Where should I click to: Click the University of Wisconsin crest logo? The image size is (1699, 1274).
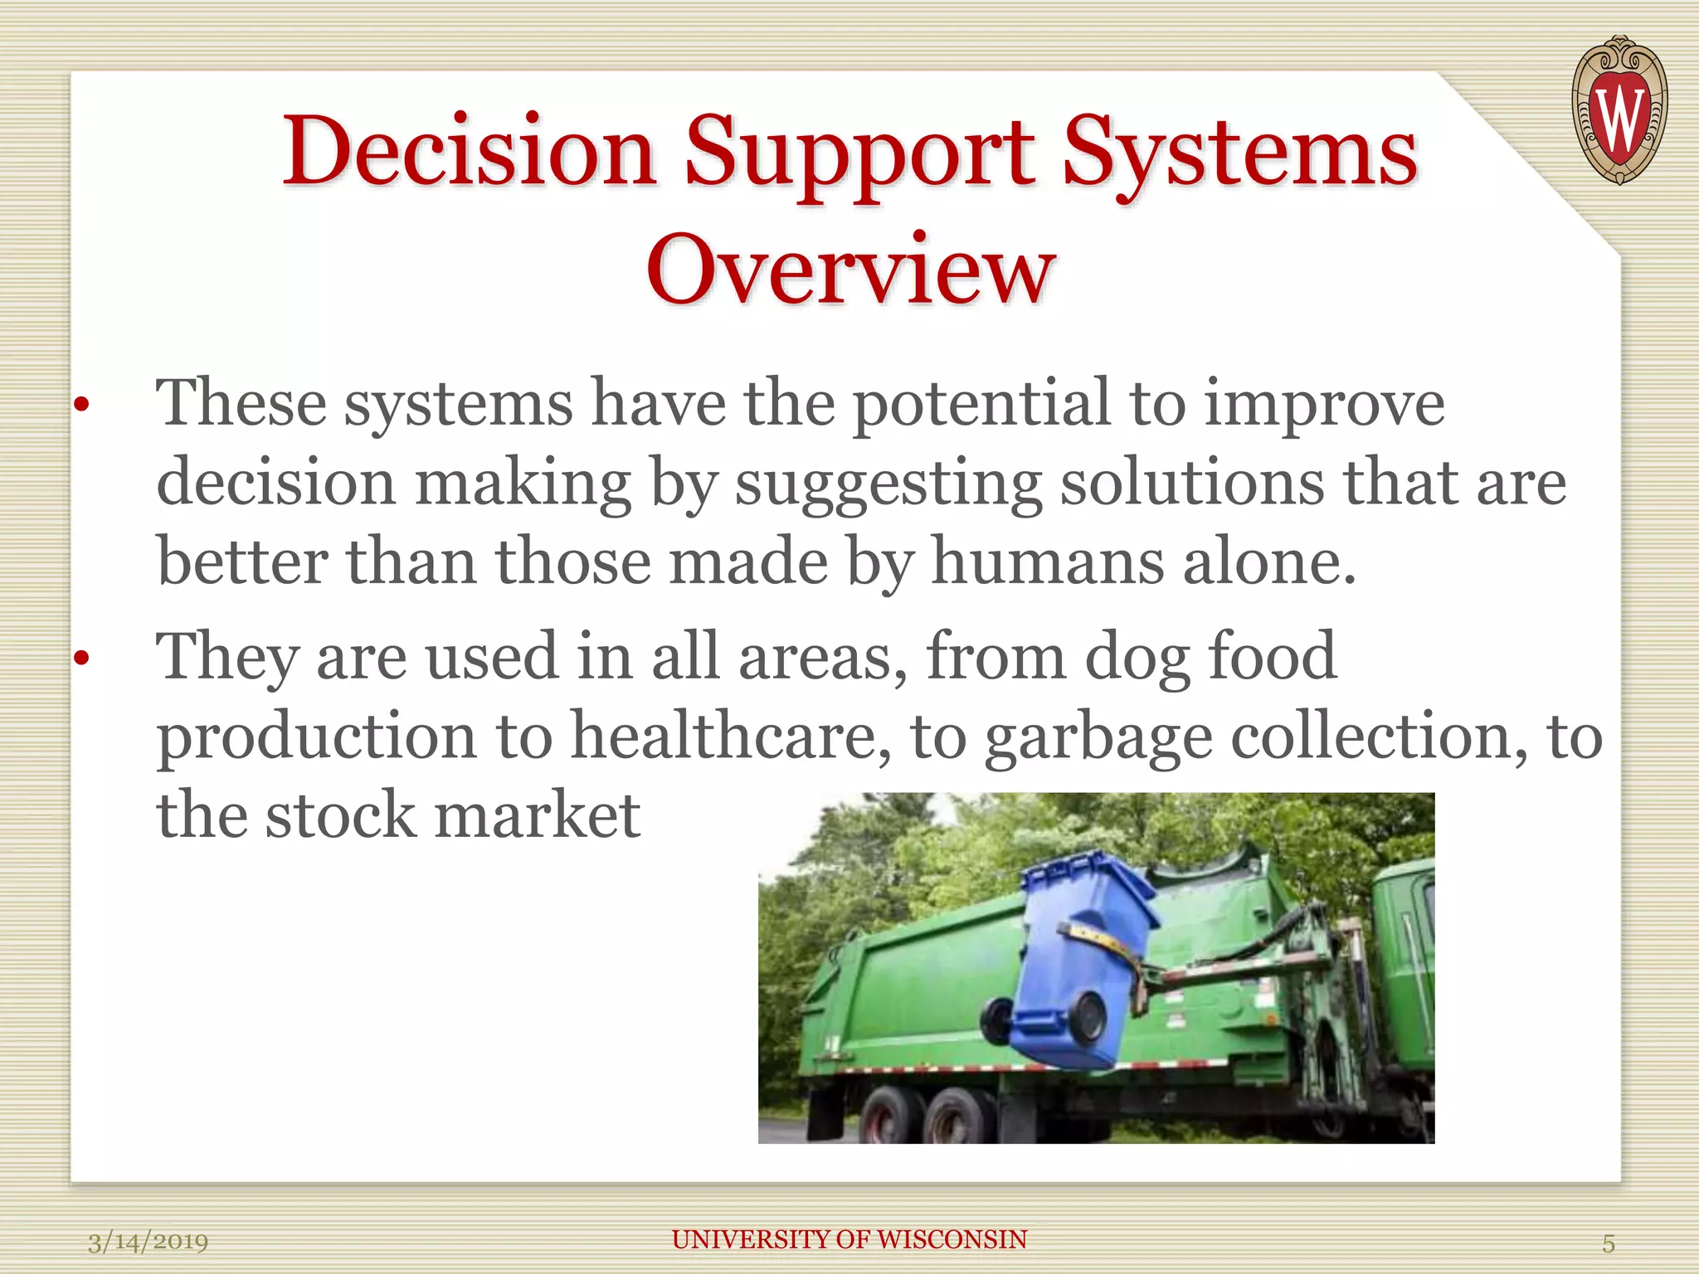tap(1619, 109)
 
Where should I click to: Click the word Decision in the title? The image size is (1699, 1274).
tap(470, 152)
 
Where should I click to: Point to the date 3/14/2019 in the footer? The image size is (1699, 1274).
tap(148, 1242)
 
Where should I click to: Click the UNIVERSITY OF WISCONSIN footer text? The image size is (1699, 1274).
tap(849, 1239)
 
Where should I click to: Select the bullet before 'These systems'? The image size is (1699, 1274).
tap(80, 406)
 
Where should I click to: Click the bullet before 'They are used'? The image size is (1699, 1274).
tap(80, 659)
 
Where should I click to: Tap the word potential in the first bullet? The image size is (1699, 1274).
tap(981, 404)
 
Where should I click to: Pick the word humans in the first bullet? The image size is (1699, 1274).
tap(1047, 562)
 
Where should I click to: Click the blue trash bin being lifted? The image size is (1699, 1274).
tap(1078, 954)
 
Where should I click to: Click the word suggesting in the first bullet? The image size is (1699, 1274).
tap(888, 483)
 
